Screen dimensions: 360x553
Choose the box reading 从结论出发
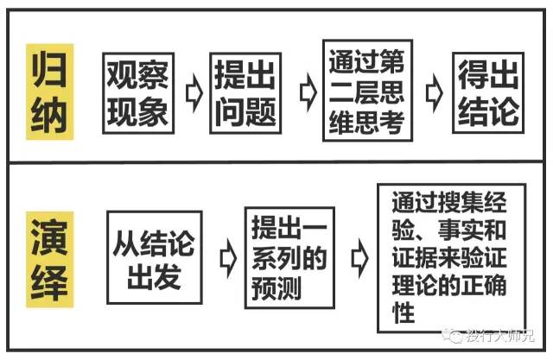155,258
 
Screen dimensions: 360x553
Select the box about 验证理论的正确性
449,257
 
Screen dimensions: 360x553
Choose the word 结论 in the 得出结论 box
487,111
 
